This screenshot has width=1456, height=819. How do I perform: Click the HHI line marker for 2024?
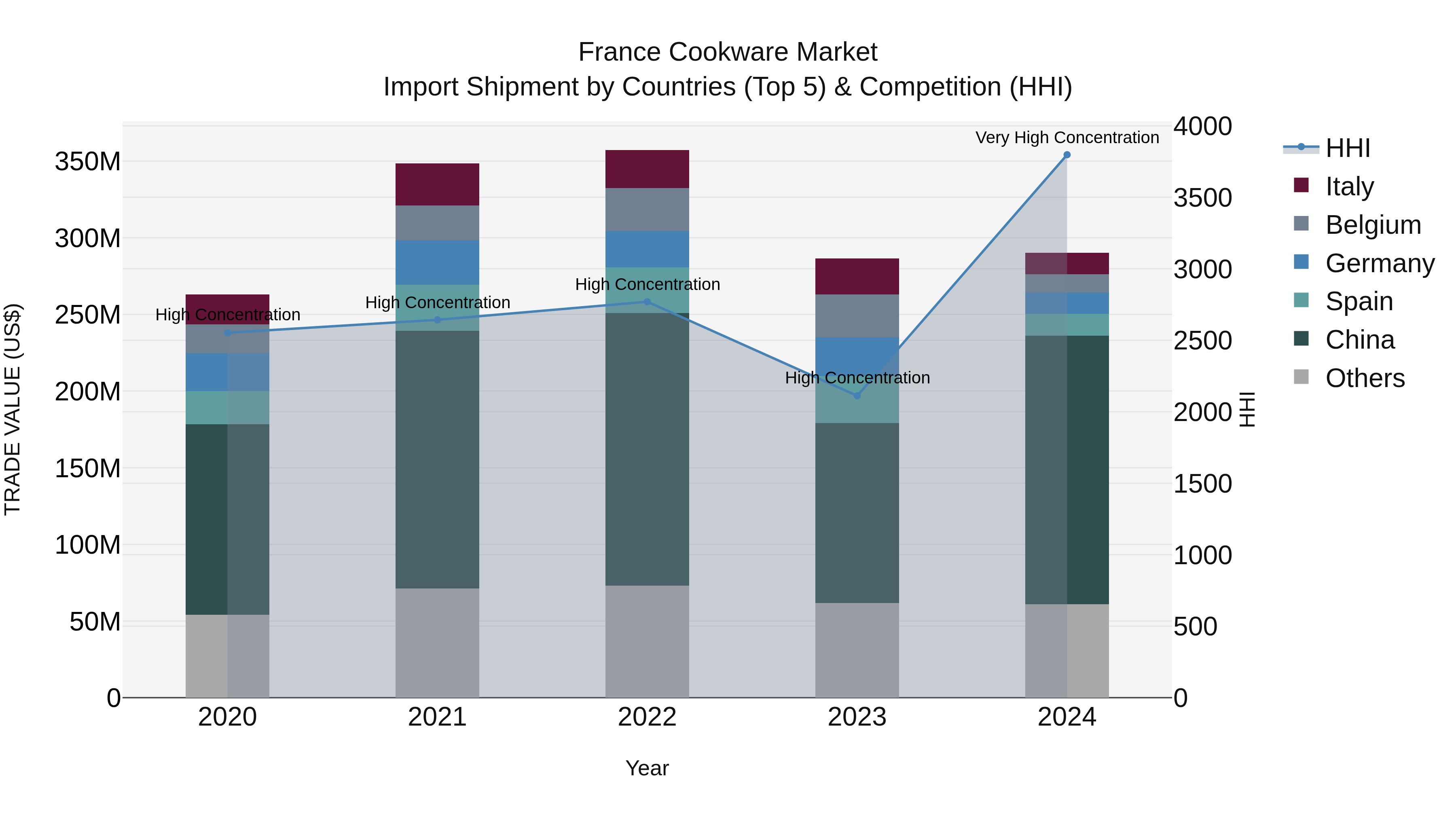pyautogui.click(x=1067, y=155)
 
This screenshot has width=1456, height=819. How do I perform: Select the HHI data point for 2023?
pyautogui.click(x=857, y=396)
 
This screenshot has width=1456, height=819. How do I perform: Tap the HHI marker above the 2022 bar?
pyautogui.click(x=647, y=302)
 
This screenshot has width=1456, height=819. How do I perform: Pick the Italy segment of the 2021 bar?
pyautogui.click(x=437, y=184)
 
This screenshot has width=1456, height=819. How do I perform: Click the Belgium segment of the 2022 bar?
pyautogui.click(x=647, y=209)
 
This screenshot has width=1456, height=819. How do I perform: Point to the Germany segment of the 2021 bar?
pyautogui.click(x=437, y=262)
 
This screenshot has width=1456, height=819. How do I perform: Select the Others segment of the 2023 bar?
pyautogui.click(x=857, y=650)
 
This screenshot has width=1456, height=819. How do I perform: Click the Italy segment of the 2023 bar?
pyautogui.click(x=857, y=276)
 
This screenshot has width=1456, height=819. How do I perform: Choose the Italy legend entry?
pyautogui.click(x=1349, y=186)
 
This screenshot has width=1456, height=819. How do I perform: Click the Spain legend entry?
pyautogui.click(x=1359, y=301)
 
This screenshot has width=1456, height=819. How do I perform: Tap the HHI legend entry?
pyautogui.click(x=1348, y=148)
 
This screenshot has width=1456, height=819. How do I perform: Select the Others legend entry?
pyautogui.click(x=1365, y=378)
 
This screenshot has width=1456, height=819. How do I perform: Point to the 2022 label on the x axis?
pyautogui.click(x=647, y=717)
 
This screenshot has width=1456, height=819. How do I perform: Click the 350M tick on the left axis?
pyautogui.click(x=88, y=162)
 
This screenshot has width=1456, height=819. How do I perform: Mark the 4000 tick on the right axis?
pyautogui.click(x=1202, y=126)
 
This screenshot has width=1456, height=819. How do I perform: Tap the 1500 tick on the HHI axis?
pyautogui.click(x=1202, y=484)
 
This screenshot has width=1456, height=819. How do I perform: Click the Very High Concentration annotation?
pyautogui.click(x=1067, y=138)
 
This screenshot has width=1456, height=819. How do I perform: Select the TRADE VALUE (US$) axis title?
pyautogui.click(x=13, y=409)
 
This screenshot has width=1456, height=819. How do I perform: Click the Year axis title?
pyautogui.click(x=647, y=768)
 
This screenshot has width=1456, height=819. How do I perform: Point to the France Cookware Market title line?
pyautogui.click(x=728, y=52)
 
